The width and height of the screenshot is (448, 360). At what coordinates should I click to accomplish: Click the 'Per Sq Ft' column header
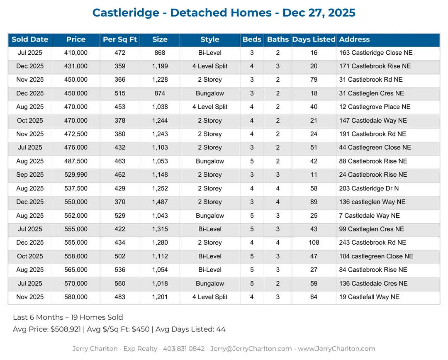click(x=120, y=40)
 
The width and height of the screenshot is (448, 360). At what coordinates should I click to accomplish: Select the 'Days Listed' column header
click(x=314, y=40)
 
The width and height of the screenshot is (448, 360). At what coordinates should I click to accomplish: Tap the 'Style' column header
click(x=209, y=40)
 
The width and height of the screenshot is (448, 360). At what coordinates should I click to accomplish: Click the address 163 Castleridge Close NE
click(x=376, y=53)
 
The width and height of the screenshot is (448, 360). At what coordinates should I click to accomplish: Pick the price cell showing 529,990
click(x=76, y=175)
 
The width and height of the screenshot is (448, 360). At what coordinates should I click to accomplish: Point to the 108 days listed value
click(x=314, y=243)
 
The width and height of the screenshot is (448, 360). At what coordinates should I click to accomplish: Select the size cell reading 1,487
click(x=160, y=202)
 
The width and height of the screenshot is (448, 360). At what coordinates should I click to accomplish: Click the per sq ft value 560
click(x=120, y=284)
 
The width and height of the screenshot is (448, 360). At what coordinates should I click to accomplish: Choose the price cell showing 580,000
click(x=76, y=297)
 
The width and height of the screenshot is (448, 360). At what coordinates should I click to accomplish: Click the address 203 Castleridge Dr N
click(x=369, y=188)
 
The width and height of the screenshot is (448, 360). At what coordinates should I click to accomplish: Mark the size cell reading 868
click(x=160, y=53)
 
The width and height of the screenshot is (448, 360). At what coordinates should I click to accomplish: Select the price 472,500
click(x=76, y=134)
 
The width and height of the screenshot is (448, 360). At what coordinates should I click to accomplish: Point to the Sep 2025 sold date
click(x=30, y=175)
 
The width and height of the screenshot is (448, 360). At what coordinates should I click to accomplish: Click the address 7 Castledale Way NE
click(x=369, y=216)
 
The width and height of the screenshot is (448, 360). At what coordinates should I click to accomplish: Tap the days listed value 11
click(x=314, y=175)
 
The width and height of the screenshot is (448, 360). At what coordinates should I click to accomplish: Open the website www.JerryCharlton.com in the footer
click(x=336, y=349)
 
